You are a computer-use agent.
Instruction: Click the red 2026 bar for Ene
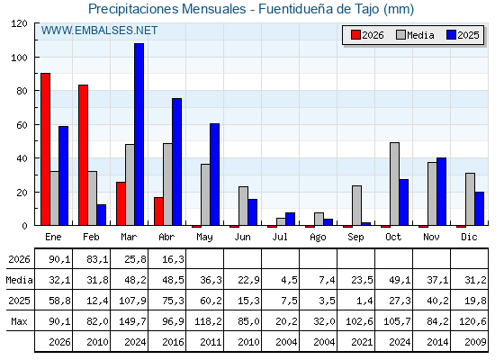45,149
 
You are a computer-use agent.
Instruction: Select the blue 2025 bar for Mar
139,134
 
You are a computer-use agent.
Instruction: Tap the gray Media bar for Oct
394,184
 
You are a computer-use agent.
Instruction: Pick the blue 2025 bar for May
215,175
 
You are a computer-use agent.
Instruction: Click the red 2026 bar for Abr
158,211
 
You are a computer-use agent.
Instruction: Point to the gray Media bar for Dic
470,199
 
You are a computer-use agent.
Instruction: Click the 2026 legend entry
367,35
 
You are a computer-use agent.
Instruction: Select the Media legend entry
415,35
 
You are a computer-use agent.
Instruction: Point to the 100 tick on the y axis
21,58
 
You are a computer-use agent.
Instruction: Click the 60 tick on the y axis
22,125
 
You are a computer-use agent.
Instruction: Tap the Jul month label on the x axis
280,237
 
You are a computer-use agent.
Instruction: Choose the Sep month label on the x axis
355,237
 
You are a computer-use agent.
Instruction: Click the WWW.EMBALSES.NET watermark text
99,31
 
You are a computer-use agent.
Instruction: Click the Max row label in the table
19,321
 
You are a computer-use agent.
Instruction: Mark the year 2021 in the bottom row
362,342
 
